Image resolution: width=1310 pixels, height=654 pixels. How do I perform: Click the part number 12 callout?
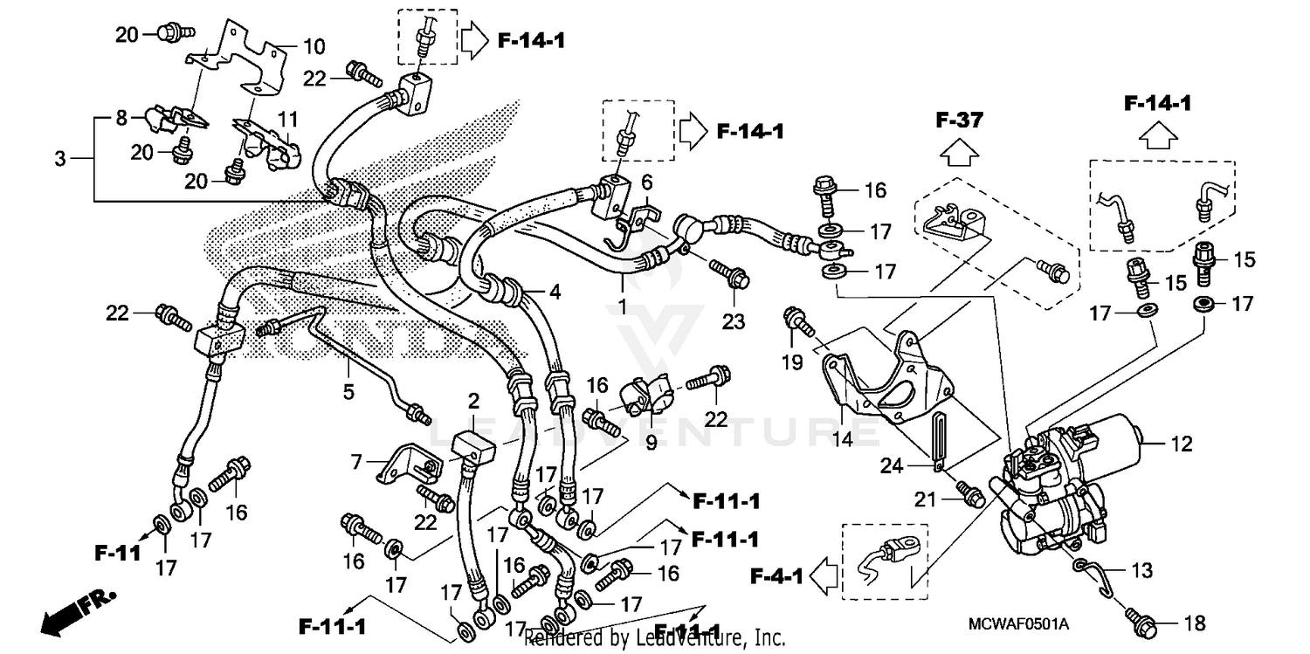tap(1181, 444)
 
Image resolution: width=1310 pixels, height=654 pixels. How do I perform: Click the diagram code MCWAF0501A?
tap(1018, 624)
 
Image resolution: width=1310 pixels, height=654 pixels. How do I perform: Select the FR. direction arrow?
tap(65, 614)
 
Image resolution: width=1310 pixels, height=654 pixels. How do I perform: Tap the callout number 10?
tap(314, 45)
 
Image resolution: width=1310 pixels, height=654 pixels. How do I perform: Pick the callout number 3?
tap(59, 160)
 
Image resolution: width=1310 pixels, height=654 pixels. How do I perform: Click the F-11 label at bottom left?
tap(118, 553)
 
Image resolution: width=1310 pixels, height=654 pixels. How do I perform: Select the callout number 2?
tap(474, 401)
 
